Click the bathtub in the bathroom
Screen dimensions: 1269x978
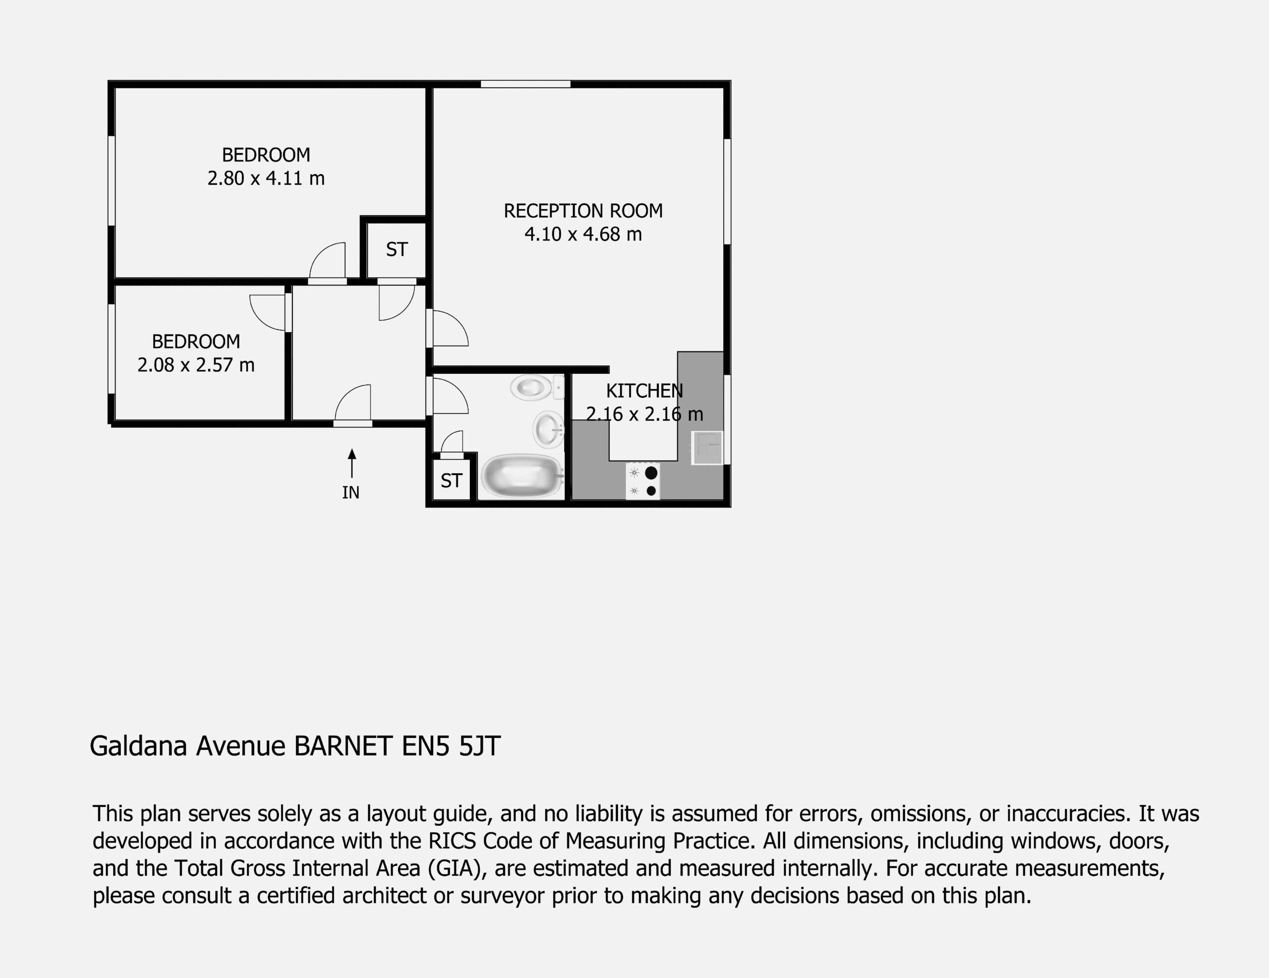(522, 476)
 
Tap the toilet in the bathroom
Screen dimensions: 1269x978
(536, 387)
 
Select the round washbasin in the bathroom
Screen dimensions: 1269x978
(548, 429)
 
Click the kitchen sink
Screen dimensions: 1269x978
(706, 448)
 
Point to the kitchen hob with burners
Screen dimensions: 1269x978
(642, 481)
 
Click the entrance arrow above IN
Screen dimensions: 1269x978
(351, 463)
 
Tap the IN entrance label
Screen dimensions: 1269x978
(351, 493)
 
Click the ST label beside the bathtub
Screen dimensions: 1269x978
(452, 481)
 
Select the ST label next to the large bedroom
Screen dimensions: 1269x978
(397, 249)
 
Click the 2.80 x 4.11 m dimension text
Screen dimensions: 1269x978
(266, 178)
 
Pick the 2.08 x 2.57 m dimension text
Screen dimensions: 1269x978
(196, 365)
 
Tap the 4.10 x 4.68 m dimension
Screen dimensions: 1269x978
(583, 234)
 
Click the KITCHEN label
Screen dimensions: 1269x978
(644, 391)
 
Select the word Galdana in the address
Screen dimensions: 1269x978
(138, 746)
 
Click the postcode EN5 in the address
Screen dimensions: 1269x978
(425, 746)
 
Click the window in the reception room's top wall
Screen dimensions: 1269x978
(525, 84)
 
